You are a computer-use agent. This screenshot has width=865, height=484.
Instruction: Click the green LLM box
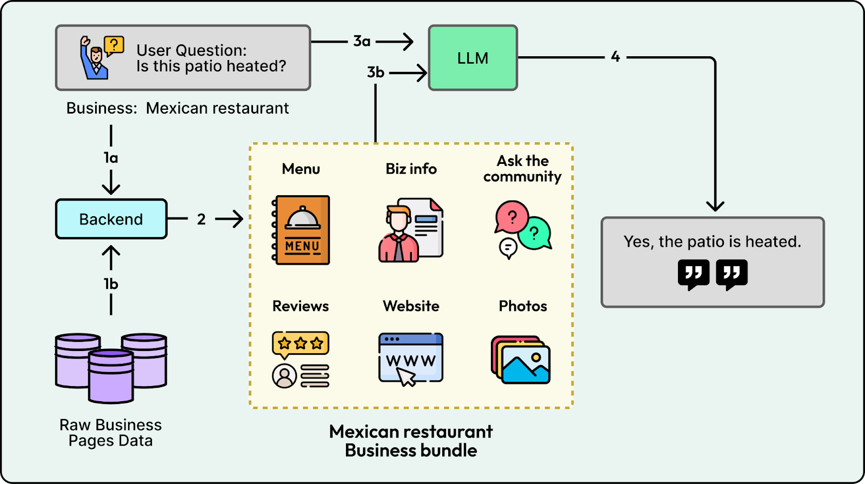(x=473, y=58)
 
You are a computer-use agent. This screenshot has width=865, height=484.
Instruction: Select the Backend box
(x=111, y=219)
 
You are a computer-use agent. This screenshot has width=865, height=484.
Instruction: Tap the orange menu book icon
(x=301, y=230)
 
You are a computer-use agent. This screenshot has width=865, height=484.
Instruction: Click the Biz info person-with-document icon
(x=411, y=230)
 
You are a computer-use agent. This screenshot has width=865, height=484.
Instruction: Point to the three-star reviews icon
(x=301, y=359)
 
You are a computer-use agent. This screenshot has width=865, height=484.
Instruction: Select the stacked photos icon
(x=521, y=360)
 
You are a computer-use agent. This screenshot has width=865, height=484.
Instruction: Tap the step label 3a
(x=362, y=41)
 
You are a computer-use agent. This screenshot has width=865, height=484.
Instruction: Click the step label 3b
(x=376, y=72)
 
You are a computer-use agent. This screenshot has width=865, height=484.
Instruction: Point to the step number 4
(x=615, y=56)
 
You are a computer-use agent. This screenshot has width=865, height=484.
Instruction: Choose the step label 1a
(x=111, y=158)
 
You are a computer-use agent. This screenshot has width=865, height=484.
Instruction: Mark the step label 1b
(x=111, y=284)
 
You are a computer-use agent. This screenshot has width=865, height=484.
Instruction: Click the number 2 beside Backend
(x=201, y=219)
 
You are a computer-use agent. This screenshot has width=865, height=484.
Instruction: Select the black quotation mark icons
(x=713, y=274)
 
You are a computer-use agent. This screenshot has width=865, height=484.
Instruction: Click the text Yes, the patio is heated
(x=712, y=242)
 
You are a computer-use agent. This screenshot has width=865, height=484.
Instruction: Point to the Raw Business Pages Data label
(x=110, y=433)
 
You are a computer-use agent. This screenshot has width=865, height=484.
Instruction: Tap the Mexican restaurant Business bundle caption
(x=411, y=441)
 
